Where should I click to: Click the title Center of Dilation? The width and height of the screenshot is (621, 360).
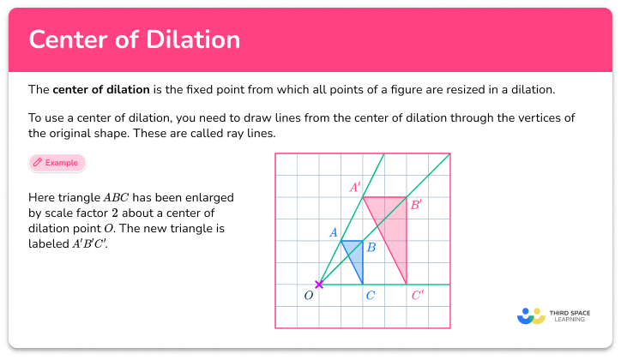[134, 40]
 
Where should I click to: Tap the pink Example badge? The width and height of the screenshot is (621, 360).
[57, 162]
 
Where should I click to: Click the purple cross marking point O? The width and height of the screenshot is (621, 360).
[319, 285]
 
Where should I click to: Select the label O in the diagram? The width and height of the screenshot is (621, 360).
[309, 296]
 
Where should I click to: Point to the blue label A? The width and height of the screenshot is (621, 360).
[334, 231]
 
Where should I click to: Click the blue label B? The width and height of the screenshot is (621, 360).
[371, 248]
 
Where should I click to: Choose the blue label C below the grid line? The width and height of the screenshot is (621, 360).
[370, 296]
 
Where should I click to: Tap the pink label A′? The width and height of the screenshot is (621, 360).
[354, 186]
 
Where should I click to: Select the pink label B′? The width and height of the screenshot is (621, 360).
[416, 205]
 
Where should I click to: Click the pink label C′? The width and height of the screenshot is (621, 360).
[418, 296]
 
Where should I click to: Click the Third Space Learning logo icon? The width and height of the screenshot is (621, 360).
[532, 316]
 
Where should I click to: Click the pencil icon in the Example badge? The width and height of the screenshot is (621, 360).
[38, 162]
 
